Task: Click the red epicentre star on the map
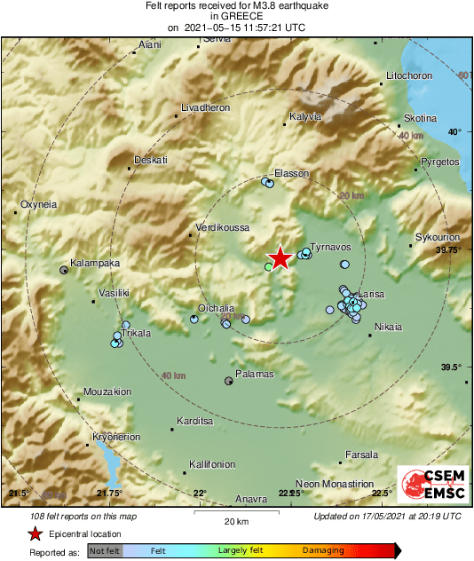pos(280,257)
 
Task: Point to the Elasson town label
pos(291,173)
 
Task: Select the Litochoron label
pos(409,76)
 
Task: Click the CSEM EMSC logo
pos(429,484)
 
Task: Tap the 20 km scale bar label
pos(235,520)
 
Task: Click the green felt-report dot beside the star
pos(269,265)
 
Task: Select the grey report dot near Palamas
pos(229,381)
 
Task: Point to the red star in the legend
pos(34,533)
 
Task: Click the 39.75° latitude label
pos(448,251)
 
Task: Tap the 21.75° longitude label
pos(109,493)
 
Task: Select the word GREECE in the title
pos(236,16)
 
